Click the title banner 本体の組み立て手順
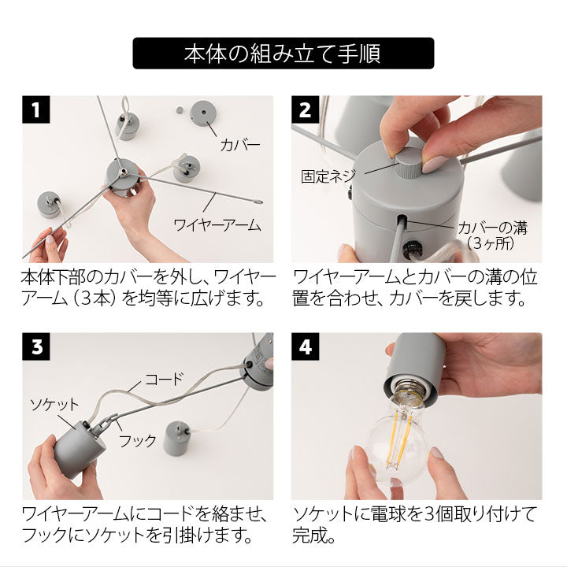(x=283, y=54)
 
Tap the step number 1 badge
(x=35, y=109)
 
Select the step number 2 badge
(x=306, y=109)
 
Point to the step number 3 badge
(x=35, y=346)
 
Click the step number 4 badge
(x=306, y=346)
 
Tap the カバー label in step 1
(x=240, y=145)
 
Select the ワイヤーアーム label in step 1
(x=217, y=225)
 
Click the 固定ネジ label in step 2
(x=328, y=176)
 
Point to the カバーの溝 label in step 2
(x=492, y=228)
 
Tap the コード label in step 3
(x=165, y=379)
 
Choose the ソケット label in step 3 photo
(x=54, y=404)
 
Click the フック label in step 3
(x=138, y=440)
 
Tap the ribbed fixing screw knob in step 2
(x=409, y=165)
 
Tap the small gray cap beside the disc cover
(x=179, y=109)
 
